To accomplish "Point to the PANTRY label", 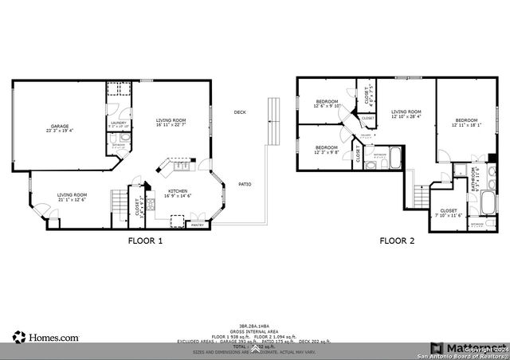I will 197,225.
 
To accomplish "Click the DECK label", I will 239,112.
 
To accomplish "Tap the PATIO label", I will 245,185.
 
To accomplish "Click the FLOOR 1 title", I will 145,240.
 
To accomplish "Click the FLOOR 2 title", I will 396,240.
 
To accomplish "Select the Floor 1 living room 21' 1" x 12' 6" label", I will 72,197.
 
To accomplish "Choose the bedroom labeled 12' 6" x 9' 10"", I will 328,104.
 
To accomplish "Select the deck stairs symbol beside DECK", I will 274,120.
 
